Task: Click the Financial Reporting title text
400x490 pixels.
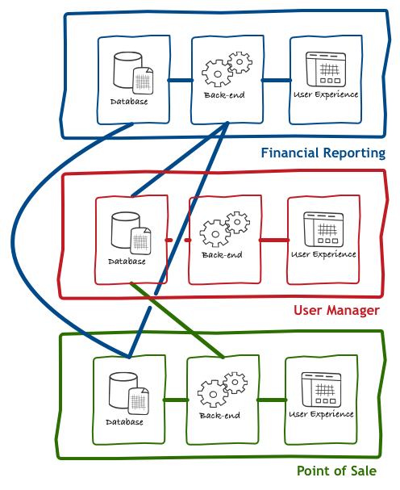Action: [323, 153]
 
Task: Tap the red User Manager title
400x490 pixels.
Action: [336, 310]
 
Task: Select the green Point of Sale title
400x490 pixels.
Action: [336, 471]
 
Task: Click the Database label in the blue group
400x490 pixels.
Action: [129, 102]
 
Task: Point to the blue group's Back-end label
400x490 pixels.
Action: [224, 95]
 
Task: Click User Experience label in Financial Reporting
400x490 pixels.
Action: [326, 94]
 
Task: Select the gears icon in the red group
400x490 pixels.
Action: [225, 228]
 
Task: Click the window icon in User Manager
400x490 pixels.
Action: [324, 230]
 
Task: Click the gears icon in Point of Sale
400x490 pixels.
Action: [223, 389]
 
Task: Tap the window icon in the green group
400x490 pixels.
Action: [321, 390]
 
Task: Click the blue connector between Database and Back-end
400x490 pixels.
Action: [181, 80]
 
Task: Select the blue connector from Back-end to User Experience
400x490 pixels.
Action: [277, 80]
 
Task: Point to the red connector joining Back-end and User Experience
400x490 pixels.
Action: [274, 240]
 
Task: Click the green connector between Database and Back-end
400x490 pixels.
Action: [176, 400]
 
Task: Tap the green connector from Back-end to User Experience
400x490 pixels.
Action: [272, 400]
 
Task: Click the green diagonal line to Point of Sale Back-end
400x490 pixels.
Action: [177, 320]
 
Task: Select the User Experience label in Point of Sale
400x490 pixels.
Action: [321, 414]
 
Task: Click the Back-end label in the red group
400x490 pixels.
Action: [222, 255]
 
